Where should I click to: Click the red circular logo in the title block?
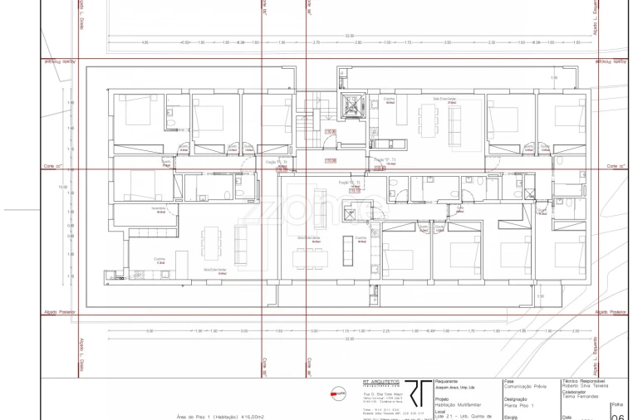(x=338, y=393)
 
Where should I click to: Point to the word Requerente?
(x=446, y=380)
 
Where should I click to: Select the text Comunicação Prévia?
(x=526, y=387)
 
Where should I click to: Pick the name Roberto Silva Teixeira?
(x=585, y=387)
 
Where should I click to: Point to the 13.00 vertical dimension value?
(x=62, y=188)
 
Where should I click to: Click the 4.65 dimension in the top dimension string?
(x=145, y=42)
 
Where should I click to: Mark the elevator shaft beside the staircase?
(x=342, y=85)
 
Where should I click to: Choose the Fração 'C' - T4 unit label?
(x=274, y=160)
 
